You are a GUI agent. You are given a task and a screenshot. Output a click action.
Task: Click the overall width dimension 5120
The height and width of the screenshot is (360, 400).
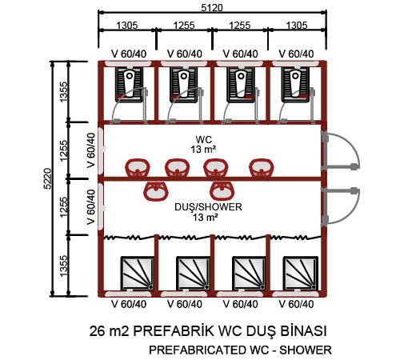[x=212, y=8]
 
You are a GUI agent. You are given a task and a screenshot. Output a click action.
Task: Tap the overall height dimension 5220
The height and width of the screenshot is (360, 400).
[x=47, y=178]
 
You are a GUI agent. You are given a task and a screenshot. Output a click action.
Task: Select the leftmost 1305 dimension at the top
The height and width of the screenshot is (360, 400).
[x=127, y=26]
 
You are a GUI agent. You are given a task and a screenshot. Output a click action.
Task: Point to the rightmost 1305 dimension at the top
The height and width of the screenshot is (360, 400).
[x=297, y=26]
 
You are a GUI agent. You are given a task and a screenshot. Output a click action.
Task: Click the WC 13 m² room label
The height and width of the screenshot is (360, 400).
[x=203, y=144]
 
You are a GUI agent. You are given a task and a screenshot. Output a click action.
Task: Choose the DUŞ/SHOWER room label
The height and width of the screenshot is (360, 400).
[x=208, y=212]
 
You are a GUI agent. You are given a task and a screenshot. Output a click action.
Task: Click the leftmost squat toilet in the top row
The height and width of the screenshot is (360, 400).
[x=129, y=85]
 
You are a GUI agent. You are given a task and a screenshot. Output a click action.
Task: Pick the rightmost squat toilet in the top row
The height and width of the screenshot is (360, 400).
[x=295, y=85]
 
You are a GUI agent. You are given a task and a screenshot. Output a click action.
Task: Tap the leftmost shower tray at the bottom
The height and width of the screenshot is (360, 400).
[x=138, y=273]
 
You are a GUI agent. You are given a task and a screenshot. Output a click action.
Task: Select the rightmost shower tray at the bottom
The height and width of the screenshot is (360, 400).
[x=301, y=273]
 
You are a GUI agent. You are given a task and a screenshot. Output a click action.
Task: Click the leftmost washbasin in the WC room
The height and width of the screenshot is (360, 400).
[x=138, y=168]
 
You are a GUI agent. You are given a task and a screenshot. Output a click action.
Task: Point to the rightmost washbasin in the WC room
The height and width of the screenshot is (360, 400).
[x=262, y=168]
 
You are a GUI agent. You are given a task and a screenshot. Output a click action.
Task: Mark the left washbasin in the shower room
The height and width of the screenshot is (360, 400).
[x=156, y=191]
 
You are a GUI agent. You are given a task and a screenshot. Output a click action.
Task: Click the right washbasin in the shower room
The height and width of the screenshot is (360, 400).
[x=222, y=191]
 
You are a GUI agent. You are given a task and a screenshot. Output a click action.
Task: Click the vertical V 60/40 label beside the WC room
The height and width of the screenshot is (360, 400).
[x=91, y=150]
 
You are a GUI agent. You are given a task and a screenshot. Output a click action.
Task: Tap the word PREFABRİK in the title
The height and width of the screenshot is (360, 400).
[x=174, y=331]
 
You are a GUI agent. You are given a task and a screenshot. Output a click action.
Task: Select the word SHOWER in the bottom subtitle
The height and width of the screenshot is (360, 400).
[x=306, y=350]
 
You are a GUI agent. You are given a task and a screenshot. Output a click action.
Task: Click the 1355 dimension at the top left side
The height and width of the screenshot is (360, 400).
[x=64, y=92]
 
